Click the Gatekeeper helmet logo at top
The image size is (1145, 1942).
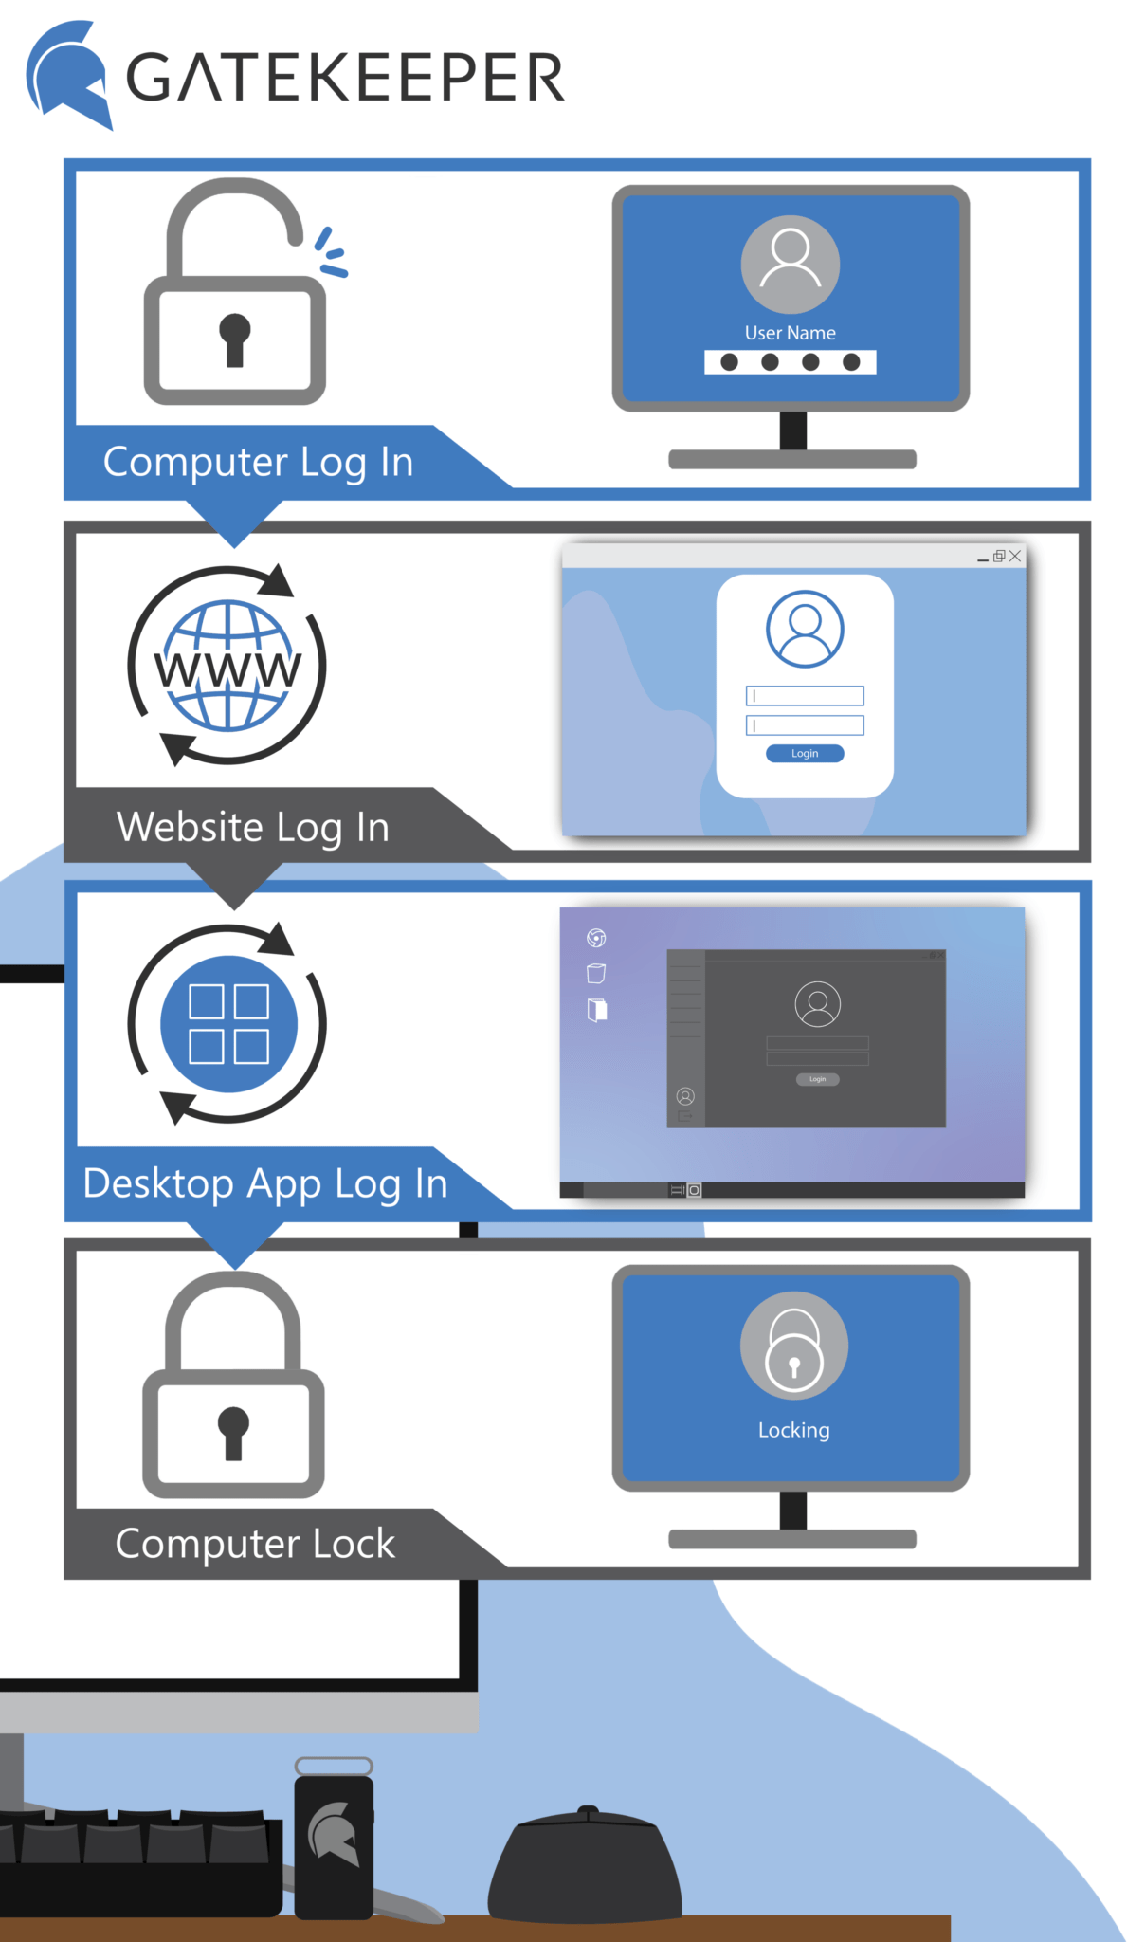pyautogui.click(x=68, y=75)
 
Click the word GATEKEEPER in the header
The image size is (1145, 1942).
pyautogui.click(x=346, y=78)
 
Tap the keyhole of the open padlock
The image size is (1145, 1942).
pyautogui.click(x=234, y=338)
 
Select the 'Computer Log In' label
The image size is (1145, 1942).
pyautogui.click(x=258, y=462)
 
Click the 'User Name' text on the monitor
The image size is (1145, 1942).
pyautogui.click(x=790, y=333)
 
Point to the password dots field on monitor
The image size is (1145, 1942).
pyautogui.click(x=790, y=362)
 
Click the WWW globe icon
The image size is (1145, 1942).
pyautogui.click(x=227, y=666)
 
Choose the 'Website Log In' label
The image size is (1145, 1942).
pyautogui.click(x=252, y=827)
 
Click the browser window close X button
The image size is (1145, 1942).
pyautogui.click(x=1015, y=556)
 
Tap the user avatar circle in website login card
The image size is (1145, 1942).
pyautogui.click(x=805, y=629)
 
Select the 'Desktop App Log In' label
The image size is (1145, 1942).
pyautogui.click(x=265, y=1183)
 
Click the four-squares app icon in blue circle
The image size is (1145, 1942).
pyautogui.click(x=228, y=1024)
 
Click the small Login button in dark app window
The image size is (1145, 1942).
pyautogui.click(x=817, y=1079)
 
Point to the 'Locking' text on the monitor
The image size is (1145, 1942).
pyautogui.click(x=793, y=1430)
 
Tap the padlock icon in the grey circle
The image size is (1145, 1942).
pyautogui.click(x=793, y=1347)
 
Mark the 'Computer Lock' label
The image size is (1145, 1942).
pyautogui.click(x=255, y=1544)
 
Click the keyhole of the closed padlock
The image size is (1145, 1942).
pyautogui.click(x=233, y=1430)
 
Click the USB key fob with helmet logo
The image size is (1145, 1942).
pyautogui.click(x=334, y=1840)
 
